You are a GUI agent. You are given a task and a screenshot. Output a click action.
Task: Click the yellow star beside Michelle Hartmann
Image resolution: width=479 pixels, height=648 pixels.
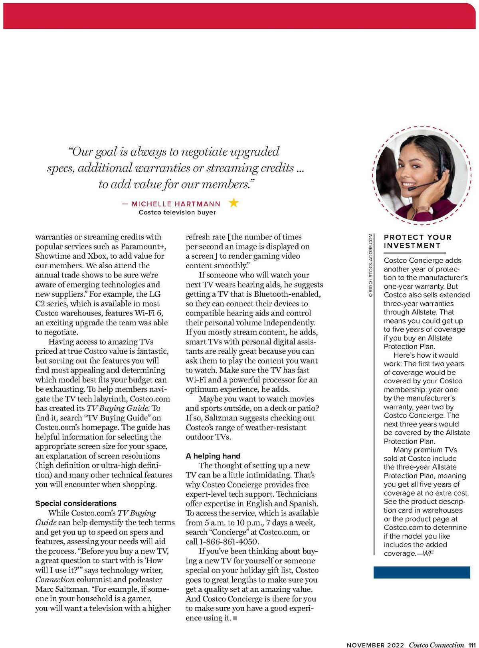(234, 203)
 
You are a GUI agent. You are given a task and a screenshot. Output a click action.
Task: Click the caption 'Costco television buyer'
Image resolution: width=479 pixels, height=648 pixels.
(177, 212)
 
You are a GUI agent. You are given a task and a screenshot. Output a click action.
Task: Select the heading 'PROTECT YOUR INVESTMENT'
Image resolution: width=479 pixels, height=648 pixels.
(418, 242)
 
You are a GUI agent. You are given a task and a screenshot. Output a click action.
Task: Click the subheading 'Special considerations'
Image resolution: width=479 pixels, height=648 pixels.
(76, 503)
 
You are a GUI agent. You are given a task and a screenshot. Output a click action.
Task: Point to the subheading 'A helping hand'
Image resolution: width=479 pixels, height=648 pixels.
(213, 456)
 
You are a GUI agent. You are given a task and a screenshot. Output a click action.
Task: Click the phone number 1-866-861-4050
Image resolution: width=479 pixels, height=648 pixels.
(230, 542)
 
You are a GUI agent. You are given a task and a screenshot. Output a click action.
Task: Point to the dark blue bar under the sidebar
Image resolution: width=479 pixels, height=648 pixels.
(422, 572)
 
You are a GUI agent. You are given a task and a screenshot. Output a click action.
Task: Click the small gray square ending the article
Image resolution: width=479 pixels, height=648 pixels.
(235, 618)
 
